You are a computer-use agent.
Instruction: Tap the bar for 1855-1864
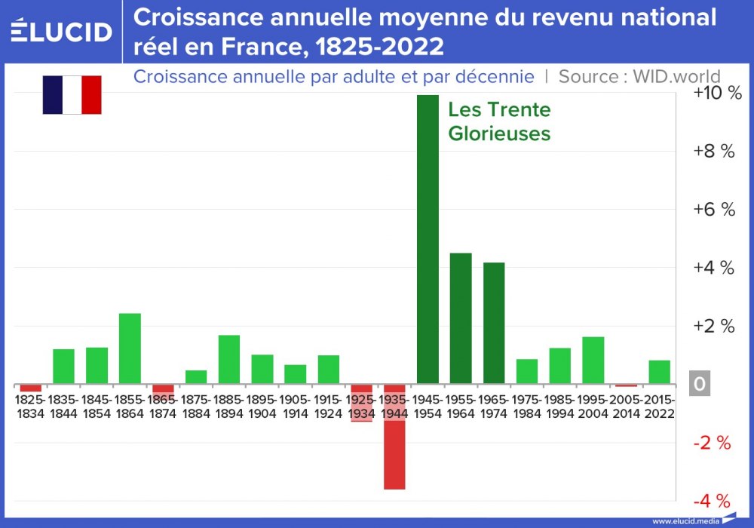(130, 348)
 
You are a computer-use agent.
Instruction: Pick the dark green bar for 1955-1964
(461, 318)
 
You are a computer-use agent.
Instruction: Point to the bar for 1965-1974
(494, 323)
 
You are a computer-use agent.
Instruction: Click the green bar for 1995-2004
(593, 360)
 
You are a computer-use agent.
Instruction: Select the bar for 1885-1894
(229, 359)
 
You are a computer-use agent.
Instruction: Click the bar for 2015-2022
(659, 372)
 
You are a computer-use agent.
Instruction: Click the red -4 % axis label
(713, 501)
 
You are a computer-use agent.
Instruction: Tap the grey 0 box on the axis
(699, 385)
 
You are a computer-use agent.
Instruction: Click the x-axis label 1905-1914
(295, 405)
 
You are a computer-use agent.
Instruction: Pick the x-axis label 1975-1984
(527, 405)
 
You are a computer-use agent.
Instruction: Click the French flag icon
(72, 94)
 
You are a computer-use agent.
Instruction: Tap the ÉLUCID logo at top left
(61, 32)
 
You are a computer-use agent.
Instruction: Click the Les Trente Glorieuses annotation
(499, 121)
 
